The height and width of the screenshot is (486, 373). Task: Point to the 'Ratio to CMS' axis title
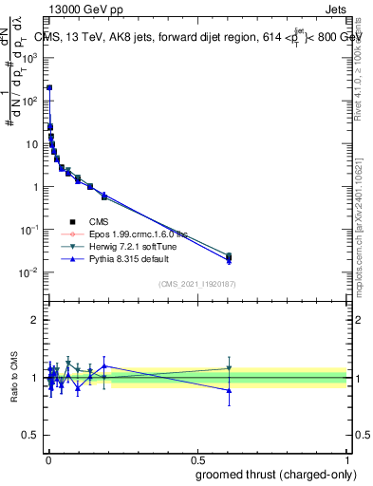coord(14,378)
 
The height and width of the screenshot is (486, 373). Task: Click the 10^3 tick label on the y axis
coord(31,57)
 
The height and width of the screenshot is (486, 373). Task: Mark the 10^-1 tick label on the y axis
coord(31,230)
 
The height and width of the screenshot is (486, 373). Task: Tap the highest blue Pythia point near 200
coord(49,87)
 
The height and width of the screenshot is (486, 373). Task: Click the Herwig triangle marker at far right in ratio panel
coord(229,368)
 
